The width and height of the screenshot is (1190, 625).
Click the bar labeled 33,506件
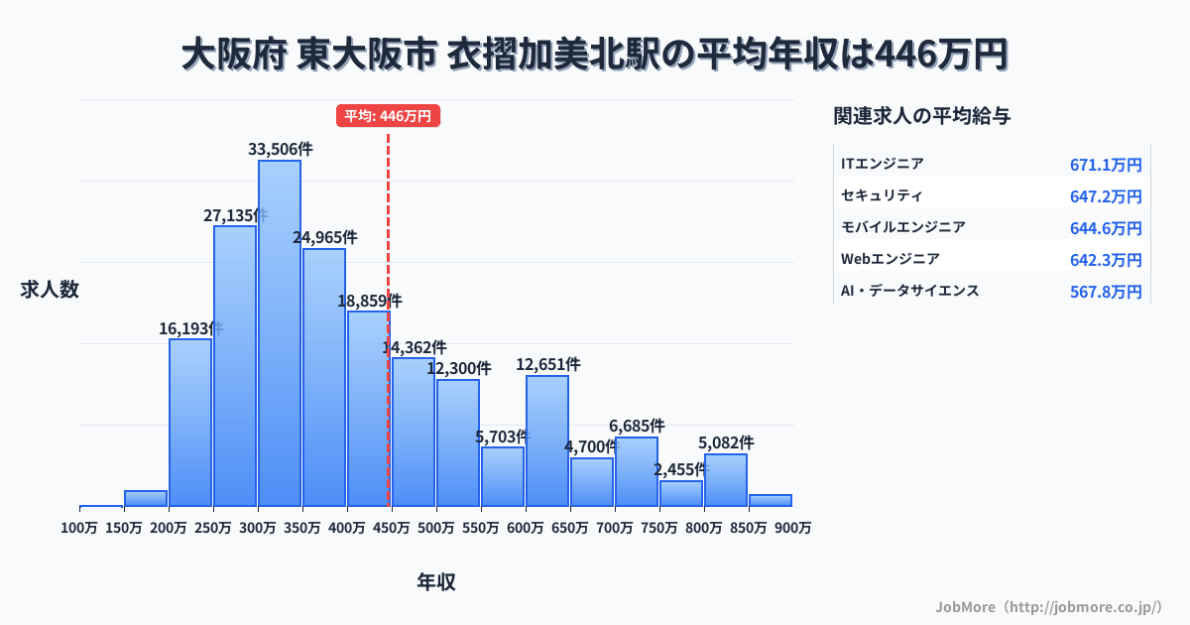(280, 333)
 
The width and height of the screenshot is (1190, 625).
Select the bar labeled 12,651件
(547, 441)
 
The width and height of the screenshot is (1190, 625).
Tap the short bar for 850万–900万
(771, 500)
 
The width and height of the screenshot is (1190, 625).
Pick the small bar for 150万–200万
(146, 498)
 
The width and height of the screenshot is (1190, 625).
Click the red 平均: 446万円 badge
(388, 116)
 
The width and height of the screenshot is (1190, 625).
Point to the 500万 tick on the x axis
(436, 528)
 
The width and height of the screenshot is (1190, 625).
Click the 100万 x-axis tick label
(79, 528)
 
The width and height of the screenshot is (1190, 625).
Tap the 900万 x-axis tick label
(793, 528)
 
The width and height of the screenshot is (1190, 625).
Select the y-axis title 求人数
(50, 290)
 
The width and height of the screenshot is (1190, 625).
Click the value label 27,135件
(235, 215)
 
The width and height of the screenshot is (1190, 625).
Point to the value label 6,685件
(637, 426)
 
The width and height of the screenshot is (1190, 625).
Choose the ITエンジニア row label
(883, 164)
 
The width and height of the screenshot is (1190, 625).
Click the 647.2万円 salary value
(1106, 196)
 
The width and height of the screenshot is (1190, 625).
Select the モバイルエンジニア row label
(903, 227)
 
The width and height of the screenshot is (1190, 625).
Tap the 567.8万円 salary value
(1106, 292)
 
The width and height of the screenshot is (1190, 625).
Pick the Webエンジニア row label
(891, 259)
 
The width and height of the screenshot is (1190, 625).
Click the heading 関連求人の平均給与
(922, 116)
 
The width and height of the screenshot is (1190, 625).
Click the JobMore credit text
(1048, 606)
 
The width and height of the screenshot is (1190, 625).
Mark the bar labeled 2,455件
(681, 493)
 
